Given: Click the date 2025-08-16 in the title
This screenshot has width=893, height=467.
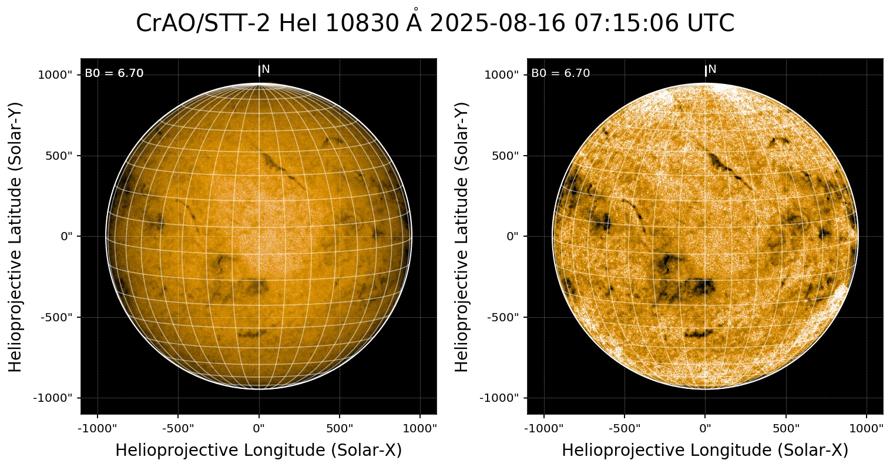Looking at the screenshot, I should [x=496, y=24].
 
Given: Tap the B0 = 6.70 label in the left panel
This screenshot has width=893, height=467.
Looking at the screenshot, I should [x=114, y=73].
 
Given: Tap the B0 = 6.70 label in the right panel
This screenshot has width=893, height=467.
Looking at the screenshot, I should [x=560, y=73].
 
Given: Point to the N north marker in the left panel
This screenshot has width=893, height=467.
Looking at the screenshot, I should [x=266, y=69].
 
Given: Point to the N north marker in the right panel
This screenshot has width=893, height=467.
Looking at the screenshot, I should [x=712, y=69].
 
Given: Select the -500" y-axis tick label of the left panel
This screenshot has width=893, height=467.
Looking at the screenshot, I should [x=59, y=317].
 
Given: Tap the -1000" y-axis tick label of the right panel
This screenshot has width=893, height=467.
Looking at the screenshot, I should [x=503, y=398].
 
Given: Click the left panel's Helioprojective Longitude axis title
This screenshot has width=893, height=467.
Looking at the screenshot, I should [x=258, y=451].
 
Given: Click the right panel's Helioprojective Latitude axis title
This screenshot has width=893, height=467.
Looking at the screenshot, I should [x=462, y=237].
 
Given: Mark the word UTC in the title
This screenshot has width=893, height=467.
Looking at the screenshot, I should [x=711, y=24].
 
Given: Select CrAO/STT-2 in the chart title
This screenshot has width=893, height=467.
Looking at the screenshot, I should [x=203, y=24].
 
